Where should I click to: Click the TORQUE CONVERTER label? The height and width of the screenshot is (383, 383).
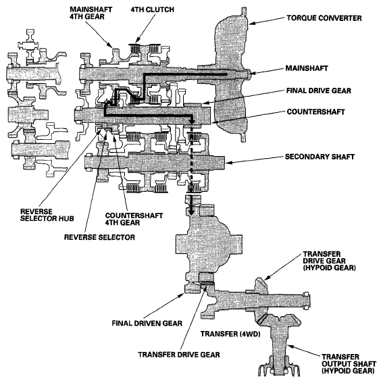point(324,18)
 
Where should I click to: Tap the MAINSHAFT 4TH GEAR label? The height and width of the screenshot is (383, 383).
point(91,13)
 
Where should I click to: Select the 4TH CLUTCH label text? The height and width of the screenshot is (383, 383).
point(153,9)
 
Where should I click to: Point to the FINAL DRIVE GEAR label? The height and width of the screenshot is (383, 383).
point(319,91)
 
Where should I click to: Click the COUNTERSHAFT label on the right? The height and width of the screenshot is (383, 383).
point(315,112)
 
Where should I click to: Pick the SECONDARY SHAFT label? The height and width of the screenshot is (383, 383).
point(320,157)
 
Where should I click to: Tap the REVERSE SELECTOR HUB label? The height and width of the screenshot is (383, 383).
point(47,215)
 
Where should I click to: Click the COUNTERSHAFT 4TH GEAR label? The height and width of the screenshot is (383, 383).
point(134,219)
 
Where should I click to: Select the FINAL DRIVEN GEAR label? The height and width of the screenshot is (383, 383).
point(147,323)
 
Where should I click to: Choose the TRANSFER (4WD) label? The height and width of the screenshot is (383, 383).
point(230,334)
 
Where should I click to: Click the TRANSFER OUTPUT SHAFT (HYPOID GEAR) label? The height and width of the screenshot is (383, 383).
point(348,363)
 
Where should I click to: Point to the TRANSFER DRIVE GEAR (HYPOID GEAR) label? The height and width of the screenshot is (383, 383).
point(329,261)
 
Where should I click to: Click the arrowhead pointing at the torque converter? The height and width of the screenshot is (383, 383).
point(252,24)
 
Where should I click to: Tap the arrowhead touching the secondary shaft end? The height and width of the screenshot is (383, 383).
point(228,162)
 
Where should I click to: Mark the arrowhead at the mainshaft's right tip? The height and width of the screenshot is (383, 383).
point(253,73)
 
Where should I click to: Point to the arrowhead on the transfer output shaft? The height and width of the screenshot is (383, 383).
point(290,347)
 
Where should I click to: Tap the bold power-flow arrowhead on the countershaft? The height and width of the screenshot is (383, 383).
point(192,121)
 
